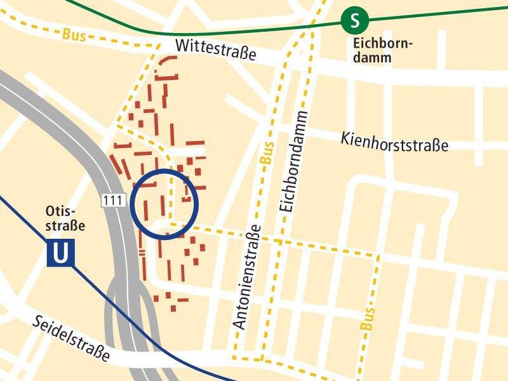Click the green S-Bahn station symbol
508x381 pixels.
pyautogui.click(x=355, y=20)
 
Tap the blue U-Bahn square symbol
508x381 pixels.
pyautogui.click(x=60, y=253)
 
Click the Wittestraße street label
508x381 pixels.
pyautogui.click(x=215, y=50)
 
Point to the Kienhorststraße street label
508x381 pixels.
pyautogui.click(x=394, y=142)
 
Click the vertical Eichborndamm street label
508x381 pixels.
pyautogui.click(x=293, y=162)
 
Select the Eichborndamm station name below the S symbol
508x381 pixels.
pyautogui.click(x=382, y=51)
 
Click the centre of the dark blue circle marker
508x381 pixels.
pyautogui.click(x=166, y=203)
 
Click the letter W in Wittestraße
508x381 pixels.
pyautogui.click(x=182, y=45)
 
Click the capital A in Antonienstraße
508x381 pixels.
pyautogui.click(x=239, y=324)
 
